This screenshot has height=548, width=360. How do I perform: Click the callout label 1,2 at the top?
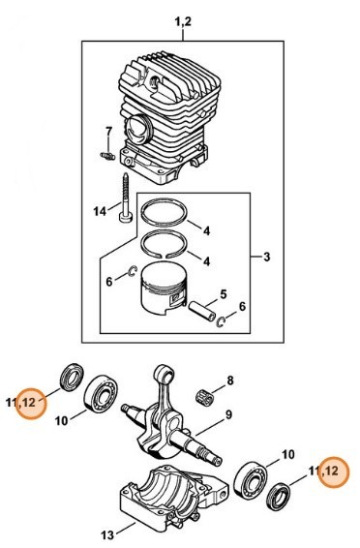[183, 22]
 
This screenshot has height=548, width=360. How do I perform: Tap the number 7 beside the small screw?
[109, 132]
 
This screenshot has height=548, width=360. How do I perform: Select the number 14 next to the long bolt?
[100, 211]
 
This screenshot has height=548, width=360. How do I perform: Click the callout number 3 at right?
[266, 257]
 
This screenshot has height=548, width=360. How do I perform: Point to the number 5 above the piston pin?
[224, 294]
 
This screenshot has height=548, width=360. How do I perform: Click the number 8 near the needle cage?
[230, 381]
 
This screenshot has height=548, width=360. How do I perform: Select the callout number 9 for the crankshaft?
[228, 414]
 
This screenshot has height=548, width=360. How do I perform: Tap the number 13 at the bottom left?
[107, 535]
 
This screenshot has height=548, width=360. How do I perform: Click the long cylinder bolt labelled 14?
[126, 198]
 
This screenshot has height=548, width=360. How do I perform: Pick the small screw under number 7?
[107, 156]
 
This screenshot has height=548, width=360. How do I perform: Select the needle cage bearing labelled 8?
[204, 397]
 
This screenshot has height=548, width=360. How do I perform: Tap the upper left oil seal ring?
[73, 378]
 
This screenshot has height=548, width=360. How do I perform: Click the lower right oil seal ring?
[279, 497]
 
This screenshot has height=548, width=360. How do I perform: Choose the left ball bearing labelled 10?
[102, 395]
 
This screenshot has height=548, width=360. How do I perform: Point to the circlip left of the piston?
[133, 271]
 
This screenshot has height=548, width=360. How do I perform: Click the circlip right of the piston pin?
[221, 321]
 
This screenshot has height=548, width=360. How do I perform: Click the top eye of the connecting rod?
[165, 374]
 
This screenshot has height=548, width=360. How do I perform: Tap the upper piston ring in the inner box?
[165, 212]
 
